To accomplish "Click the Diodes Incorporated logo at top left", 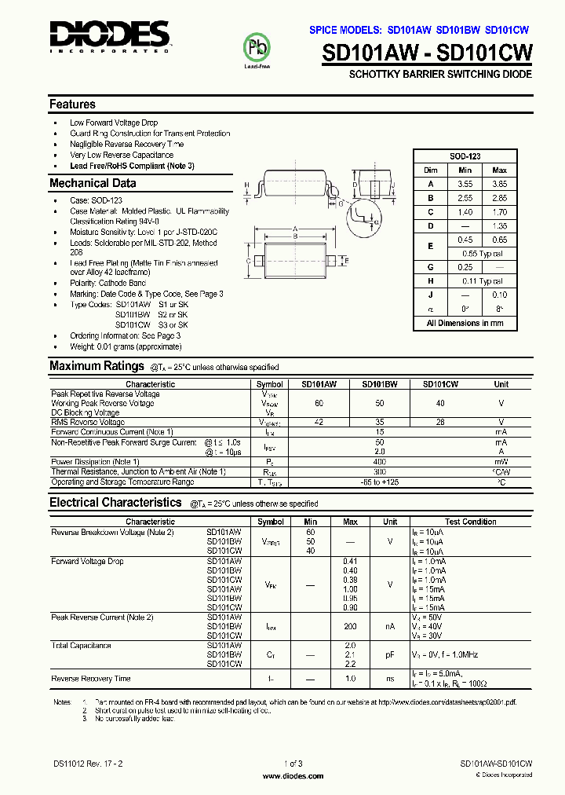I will pyautogui.click(x=109, y=36).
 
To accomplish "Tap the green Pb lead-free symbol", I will pyautogui.click(x=257, y=48).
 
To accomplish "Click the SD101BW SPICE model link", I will pyautogui.click(x=459, y=30).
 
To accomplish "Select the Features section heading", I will pyautogui.click(x=72, y=104).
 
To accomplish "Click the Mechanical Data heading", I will pyautogui.click(x=93, y=184).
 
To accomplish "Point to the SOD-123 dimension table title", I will pyautogui.click(x=465, y=156).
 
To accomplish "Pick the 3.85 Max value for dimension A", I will pyautogui.click(x=499, y=184).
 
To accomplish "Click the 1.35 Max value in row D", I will pyautogui.click(x=499, y=226).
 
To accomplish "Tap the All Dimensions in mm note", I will pyautogui.click(x=465, y=323).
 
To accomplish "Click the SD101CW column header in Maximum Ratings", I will pyautogui.click(x=440, y=384).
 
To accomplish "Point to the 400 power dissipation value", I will pyautogui.click(x=380, y=461).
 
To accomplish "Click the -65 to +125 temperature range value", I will pyautogui.click(x=380, y=482).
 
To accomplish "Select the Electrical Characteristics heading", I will pyautogui.click(x=115, y=503).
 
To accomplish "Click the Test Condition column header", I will pyautogui.click(x=470, y=522).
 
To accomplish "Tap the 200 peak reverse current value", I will pyautogui.click(x=350, y=627).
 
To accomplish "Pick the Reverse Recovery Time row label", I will pyautogui.click(x=91, y=678).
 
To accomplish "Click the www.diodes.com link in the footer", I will pyautogui.click(x=292, y=776).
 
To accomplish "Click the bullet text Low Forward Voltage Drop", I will pyautogui.click(x=114, y=123).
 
